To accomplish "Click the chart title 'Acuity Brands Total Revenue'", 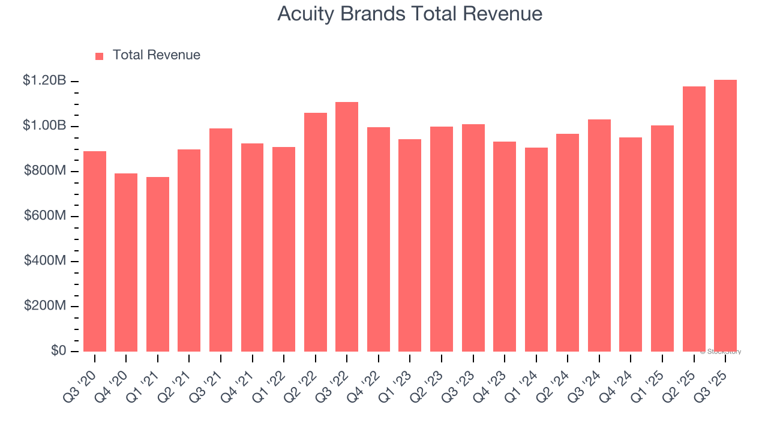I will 410,14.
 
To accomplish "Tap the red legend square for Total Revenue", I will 100,56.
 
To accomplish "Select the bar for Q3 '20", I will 95,251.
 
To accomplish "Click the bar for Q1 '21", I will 158,264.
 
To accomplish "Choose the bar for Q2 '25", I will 694,219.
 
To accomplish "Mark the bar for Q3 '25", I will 725,216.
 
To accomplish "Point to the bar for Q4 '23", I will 505,247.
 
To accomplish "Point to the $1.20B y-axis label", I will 44,80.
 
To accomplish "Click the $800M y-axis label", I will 46,171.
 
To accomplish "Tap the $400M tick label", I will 46,261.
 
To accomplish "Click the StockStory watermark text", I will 721,352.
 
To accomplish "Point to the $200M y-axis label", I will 46,306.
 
